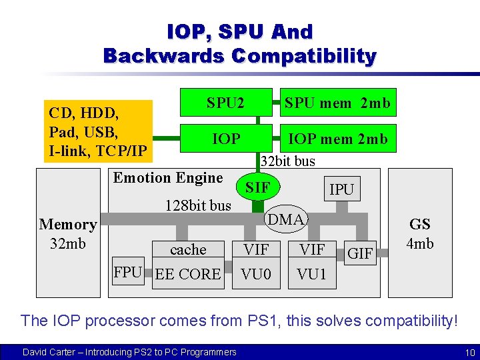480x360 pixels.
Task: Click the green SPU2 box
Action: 225,103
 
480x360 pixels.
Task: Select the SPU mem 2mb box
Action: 337,103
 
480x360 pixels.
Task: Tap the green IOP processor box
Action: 225,139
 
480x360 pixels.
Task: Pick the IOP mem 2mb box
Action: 337,139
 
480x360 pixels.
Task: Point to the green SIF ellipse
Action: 258,188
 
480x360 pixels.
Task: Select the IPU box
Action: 341,189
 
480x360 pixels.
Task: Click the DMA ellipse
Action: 285,219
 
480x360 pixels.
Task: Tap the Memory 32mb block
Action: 67,233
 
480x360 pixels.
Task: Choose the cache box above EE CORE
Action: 188,250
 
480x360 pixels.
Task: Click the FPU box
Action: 128,272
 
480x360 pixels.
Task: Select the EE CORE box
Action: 187,274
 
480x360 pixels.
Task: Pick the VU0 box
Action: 256,274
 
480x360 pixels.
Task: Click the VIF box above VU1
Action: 312,250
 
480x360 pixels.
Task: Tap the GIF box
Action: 360,253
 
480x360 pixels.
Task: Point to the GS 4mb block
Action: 419,233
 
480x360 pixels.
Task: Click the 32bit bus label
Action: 287,161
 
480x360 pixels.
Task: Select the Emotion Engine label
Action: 168,177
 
